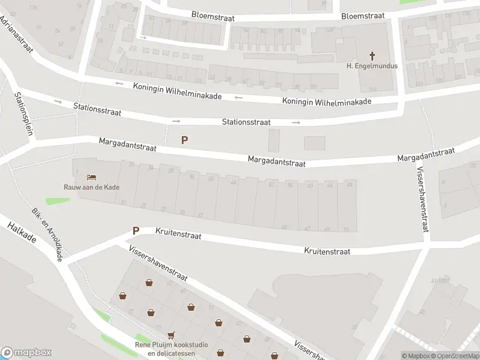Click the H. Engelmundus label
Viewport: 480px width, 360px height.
click(x=372, y=66)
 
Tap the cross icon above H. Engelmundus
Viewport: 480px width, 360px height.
click(x=372, y=56)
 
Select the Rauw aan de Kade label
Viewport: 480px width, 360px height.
click(x=92, y=187)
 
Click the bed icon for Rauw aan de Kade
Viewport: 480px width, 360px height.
click(x=91, y=177)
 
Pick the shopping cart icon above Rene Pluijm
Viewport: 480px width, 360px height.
click(x=172, y=335)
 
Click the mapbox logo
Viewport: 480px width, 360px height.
click(x=26, y=353)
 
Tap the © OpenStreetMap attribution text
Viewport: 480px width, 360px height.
click(x=454, y=356)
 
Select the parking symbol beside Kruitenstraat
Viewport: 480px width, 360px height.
click(x=136, y=230)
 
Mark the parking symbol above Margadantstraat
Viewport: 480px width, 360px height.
click(x=185, y=140)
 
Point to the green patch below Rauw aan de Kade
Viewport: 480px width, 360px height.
click(x=57, y=200)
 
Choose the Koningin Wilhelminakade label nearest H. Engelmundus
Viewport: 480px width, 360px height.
click(x=326, y=101)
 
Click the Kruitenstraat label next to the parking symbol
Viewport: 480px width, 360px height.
click(x=178, y=234)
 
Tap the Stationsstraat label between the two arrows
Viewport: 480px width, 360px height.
click(x=246, y=122)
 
